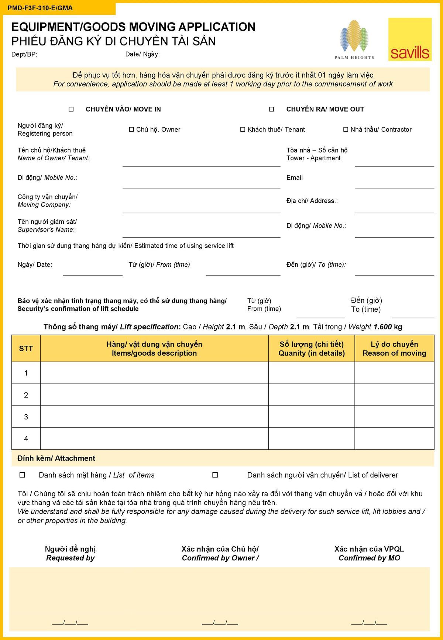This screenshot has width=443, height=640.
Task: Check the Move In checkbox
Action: (x=71, y=109)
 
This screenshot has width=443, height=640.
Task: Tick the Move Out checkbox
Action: (x=272, y=109)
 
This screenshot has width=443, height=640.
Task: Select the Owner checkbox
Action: (x=131, y=130)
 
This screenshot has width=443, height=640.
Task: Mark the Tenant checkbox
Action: (x=243, y=130)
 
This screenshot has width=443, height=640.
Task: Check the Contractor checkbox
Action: (x=346, y=130)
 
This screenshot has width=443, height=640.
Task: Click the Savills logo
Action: (x=410, y=40)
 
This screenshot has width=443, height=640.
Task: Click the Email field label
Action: (x=294, y=178)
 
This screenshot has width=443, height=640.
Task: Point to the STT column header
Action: (x=26, y=349)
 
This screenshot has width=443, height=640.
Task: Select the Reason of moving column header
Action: (x=394, y=349)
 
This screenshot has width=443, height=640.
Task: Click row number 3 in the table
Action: (x=26, y=417)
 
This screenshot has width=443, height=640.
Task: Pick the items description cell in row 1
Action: (x=154, y=373)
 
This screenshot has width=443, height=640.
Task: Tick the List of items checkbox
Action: (x=22, y=475)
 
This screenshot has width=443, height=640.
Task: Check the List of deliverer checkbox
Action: (x=215, y=475)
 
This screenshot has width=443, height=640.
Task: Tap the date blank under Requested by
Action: (x=70, y=622)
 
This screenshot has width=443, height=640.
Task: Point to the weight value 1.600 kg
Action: (x=388, y=327)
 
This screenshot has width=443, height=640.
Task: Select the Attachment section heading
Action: (x=56, y=458)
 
